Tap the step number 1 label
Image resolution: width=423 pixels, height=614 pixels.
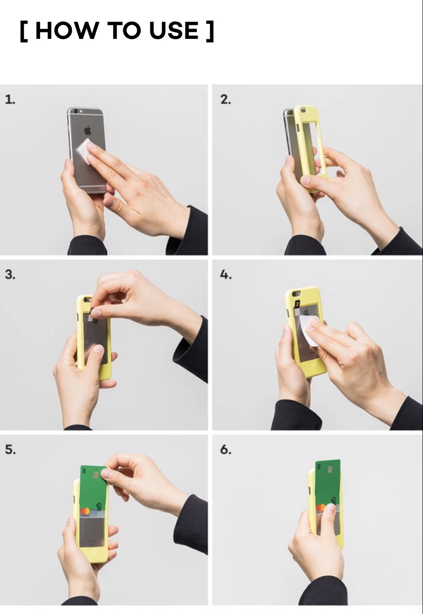coord(10,99)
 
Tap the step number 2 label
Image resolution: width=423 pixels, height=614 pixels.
coord(226,99)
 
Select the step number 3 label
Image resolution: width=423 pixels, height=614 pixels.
coord(10,274)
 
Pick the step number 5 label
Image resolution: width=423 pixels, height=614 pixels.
coord(10,449)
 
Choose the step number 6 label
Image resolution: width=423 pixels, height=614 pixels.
coord(226,449)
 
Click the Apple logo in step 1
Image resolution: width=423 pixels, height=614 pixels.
coord(88,130)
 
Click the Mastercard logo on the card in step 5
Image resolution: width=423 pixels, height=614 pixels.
coord(85,511)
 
